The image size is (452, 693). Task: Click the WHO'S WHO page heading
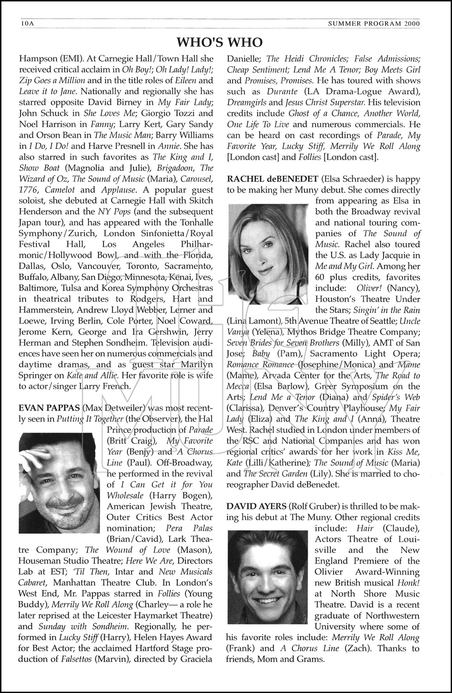pos(219,43)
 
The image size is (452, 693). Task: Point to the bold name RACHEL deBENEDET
pos(272,179)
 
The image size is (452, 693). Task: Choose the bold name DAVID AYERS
pos(256,506)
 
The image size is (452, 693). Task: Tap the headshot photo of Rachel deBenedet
pos(268,254)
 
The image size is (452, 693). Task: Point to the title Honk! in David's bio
pos(407,583)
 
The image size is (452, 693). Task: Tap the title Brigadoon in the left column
pos(175,168)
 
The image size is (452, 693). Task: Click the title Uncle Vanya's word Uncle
pos(409,321)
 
